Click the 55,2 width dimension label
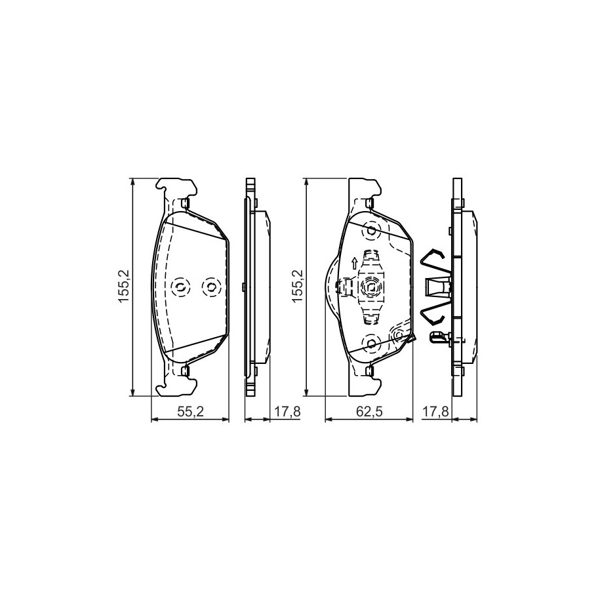[190, 412]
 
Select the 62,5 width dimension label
[369, 412]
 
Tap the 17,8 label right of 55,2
[287, 412]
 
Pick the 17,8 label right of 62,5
[435, 412]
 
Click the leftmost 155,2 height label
[125, 286]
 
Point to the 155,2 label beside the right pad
[297, 286]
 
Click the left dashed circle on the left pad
[180, 286]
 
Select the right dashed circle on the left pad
[211, 286]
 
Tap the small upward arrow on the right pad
[354, 263]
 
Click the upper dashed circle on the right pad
[370, 231]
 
